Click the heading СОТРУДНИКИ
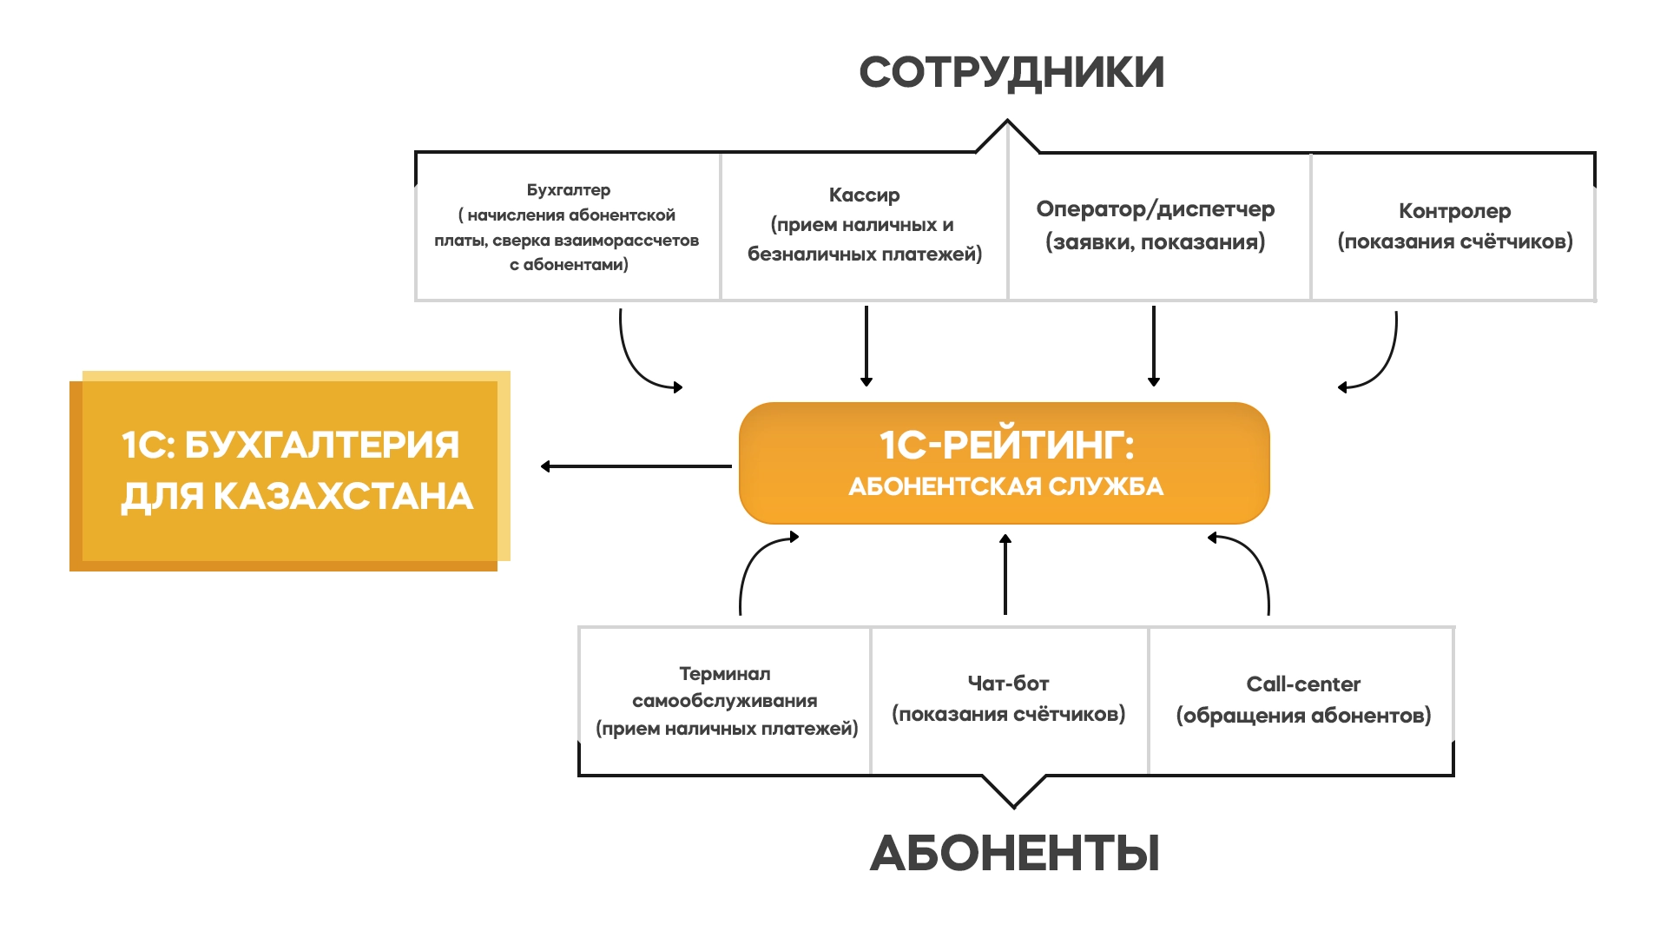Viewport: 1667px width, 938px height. (x=1011, y=72)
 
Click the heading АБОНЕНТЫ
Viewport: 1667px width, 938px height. (x=1014, y=853)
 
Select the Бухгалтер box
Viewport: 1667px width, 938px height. (x=568, y=228)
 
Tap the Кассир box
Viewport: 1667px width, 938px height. (x=864, y=225)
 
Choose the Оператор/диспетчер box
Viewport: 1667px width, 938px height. (x=1155, y=225)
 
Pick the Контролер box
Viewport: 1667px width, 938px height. (x=1454, y=226)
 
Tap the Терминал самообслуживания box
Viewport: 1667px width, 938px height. (x=726, y=701)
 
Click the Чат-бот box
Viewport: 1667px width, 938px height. (x=1008, y=699)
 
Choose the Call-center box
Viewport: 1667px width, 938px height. (x=1302, y=700)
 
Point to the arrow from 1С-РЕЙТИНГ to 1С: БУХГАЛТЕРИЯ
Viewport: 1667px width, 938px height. (x=636, y=466)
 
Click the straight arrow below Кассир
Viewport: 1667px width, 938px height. (x=866, y=345)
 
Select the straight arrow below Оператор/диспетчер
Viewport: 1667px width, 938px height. (x=1154, y=345)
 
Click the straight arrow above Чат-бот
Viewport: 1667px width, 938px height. (x=1005, y=575)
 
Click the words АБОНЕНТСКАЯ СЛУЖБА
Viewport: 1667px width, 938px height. (x=1005, y=486)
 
